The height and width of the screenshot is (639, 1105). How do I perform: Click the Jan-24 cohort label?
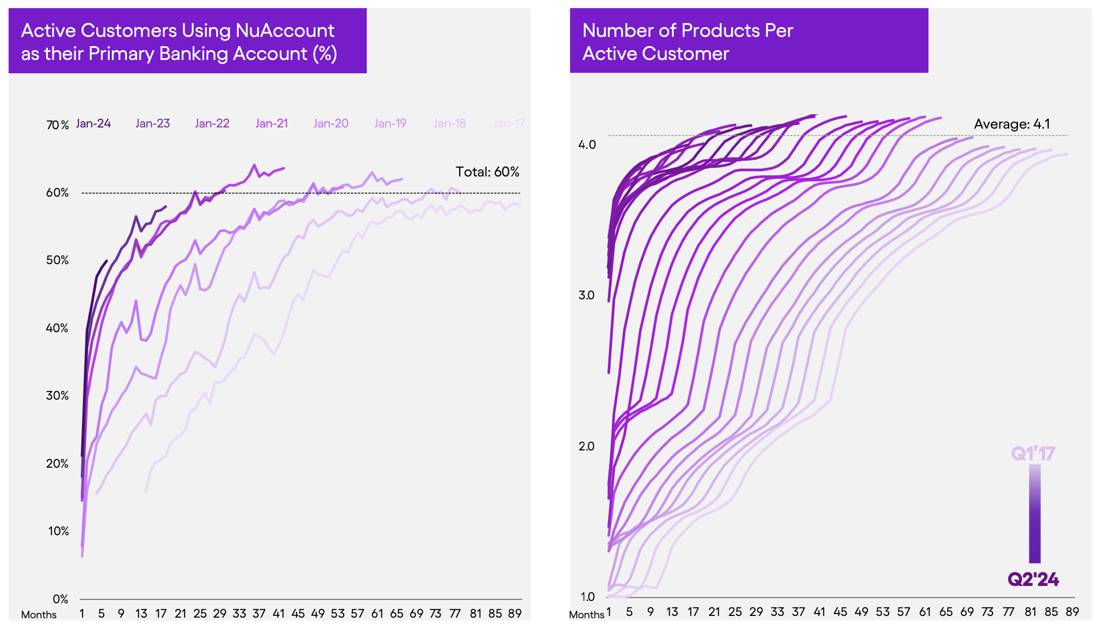(x=93, y=123)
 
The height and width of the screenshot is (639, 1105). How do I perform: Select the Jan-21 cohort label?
(x=272, y=123)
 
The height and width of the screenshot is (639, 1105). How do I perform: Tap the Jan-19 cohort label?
(x=390, y=123)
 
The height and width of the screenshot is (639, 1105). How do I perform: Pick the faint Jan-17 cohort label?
(x=509, y=123)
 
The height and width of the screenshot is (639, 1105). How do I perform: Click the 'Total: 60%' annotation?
(x=487, y=172)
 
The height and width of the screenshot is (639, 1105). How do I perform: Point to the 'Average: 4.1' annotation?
(x=1012, y=124)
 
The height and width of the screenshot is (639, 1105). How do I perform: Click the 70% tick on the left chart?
(x=57, y=125)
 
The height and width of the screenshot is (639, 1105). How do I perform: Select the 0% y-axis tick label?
(x=60, y=599)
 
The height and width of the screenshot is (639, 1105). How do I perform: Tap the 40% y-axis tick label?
(x=57, y=328)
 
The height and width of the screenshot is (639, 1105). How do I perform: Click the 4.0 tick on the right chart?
(x=587, y=144)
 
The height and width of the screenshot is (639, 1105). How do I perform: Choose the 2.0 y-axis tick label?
(x=586, y=446)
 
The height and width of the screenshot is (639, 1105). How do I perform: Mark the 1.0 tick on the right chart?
(x=587, y=597)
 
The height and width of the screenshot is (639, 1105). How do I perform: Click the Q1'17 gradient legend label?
(x=1033, y=454)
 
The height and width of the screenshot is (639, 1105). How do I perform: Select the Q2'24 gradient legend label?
(x=1033, y=579)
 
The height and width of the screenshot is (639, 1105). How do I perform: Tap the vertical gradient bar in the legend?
(x=1035, y=513)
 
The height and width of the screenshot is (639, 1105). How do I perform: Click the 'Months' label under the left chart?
(x=39, y=615)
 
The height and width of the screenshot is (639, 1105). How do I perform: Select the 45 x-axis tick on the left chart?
(x=298, y=614)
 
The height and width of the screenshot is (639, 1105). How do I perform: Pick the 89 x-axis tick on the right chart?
(x=1072, y=612)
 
